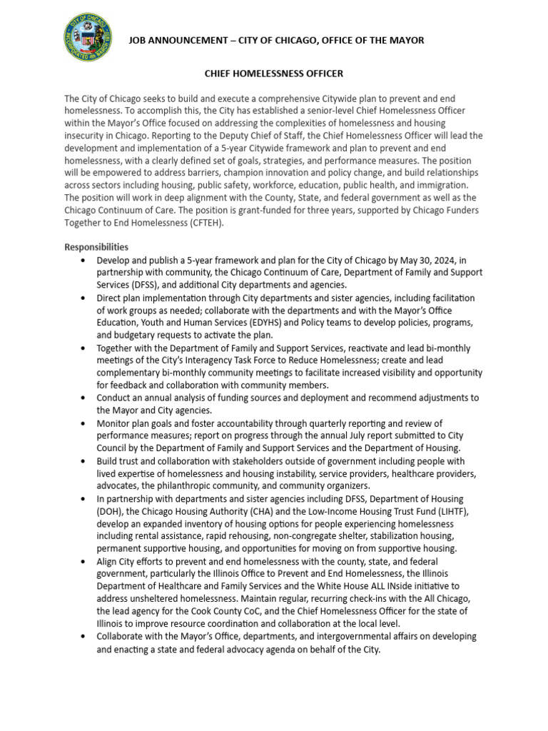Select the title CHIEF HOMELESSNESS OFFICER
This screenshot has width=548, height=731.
click(274, 74)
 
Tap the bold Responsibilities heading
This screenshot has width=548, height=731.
click(96, 248)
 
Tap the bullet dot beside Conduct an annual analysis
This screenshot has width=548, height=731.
click(85, 398)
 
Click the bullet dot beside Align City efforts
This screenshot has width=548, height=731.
click(85, 562)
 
